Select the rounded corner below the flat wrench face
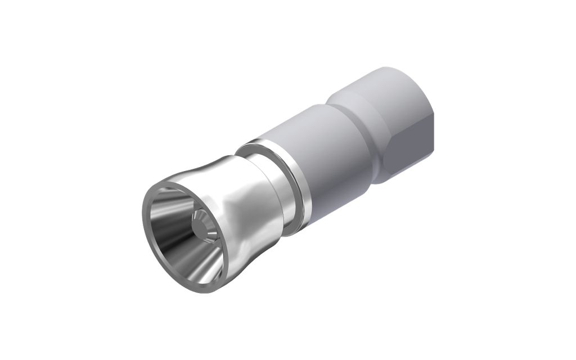pos(388,180)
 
